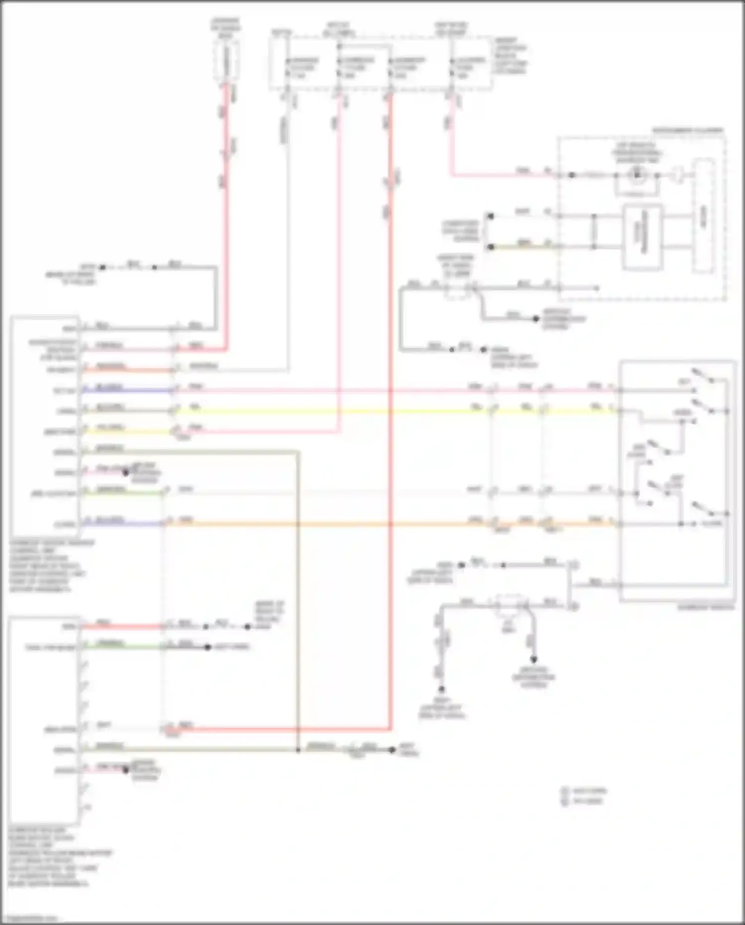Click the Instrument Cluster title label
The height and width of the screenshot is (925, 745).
tap(687, 131)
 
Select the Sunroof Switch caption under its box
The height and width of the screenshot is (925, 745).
tap(706, 607)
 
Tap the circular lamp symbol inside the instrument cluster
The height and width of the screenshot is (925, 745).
tap(637, 175)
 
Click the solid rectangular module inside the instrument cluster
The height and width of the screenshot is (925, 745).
tap(642, 237)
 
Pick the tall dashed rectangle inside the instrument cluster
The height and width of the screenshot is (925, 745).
tap(704, 216)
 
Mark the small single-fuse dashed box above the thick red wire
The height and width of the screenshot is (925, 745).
tap(226, 61)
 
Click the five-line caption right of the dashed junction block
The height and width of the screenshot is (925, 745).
tap(510, 56)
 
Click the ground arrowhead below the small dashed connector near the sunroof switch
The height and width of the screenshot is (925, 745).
tap(533, 660)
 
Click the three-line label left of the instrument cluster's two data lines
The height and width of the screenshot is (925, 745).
tap(460, 231)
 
